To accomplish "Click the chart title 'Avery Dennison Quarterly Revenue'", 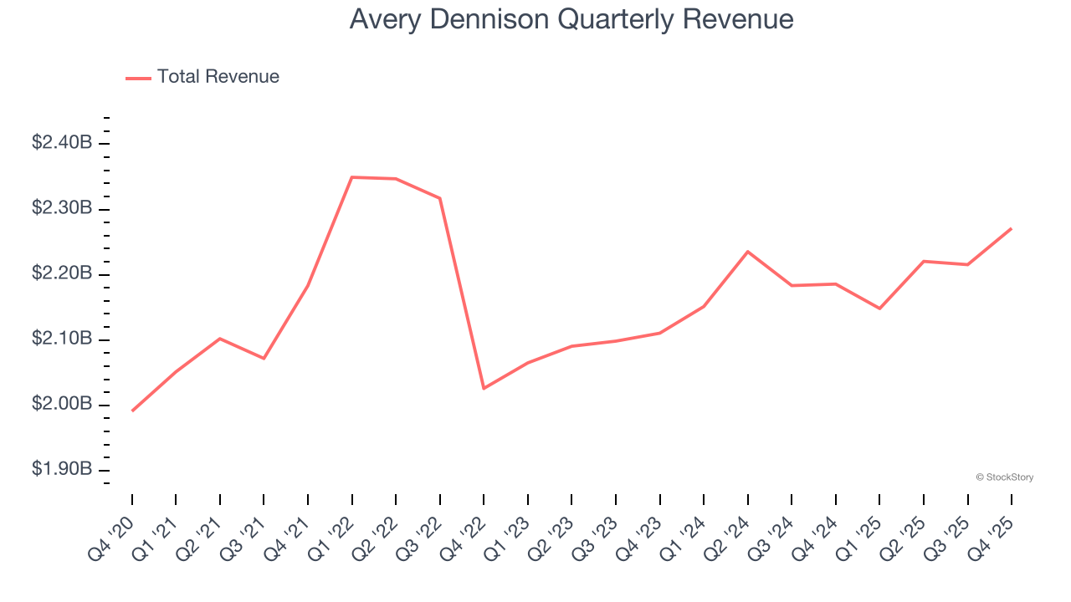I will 571,18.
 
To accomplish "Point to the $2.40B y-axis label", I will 62,143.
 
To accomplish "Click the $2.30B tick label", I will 62,208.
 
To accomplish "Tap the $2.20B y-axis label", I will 62,274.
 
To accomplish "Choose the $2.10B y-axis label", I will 62,339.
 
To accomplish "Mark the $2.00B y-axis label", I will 62,405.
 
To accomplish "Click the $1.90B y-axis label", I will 62,470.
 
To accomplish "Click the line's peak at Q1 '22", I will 352,177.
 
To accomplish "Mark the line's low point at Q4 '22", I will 484,388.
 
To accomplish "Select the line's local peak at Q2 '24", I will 747,252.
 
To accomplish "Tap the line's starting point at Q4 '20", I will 132,411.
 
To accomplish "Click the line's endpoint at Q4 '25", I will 1011,228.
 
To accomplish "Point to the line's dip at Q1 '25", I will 879,309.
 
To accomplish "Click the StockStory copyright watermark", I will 1004,477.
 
